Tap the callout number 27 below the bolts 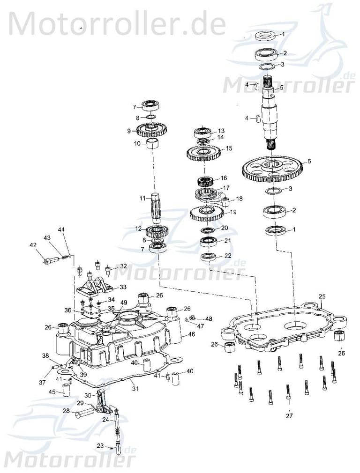tap(289, 415)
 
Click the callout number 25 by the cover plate tap(322, 296)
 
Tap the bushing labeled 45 tap(67, 390)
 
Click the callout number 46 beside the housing tap(191, 334)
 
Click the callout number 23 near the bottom tap(100, 446)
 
